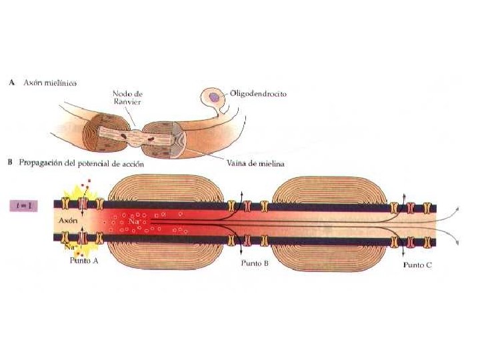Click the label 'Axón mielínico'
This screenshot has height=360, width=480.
pyautogui.click(x=52, y=84)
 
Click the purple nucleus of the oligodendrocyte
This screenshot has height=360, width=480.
pyautogui.click(x=213, y=98)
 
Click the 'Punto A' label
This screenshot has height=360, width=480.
pyautogui.click(x=84, y=261)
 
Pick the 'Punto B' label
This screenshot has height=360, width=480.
pyautogui.click(x=255, y=263)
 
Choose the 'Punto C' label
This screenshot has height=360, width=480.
pyautogui.click(x=418, y=264)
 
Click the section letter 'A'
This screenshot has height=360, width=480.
pyautogui.click(x=11, y=84)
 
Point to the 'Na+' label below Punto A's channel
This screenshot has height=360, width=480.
pyautogui.click(x=72, y=247)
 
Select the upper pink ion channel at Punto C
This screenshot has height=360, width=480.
pyautogui.click(x=409, y=208)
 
